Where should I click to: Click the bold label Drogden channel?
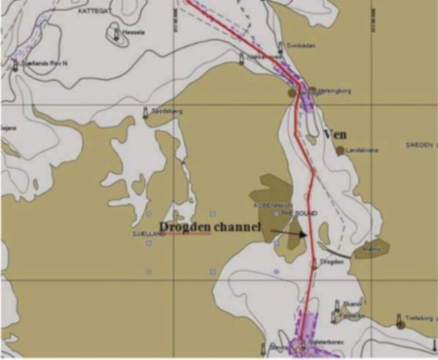click(209, 226)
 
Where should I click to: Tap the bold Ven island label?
click(336, 134)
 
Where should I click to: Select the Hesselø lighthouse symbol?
click(116, 33)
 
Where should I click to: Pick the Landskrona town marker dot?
click(339, 151)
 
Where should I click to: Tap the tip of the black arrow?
click(306, 238)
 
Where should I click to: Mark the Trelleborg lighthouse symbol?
click(400, 319)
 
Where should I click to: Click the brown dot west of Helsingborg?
click(292, 92)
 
